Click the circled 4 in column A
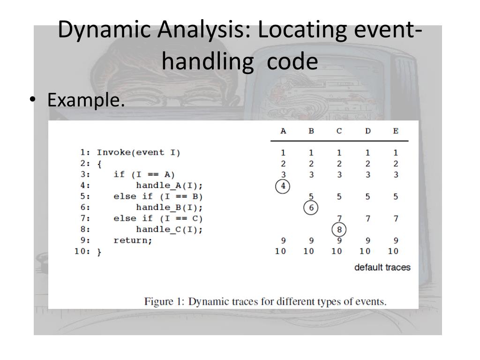click(x=283, y=186)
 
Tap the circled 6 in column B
click(x=311, y=208)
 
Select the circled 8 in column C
click(x=339, y=230)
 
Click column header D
click(x=367, y=131)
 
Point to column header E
click(x=396, y=131)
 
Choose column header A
click(x=283, y=131)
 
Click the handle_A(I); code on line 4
click(x=169, y=186)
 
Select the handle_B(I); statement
click(x=169, y=208)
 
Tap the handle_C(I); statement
click(x=169, y=230)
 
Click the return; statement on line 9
click(x=133, y=240)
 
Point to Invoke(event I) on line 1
click(x=138, y=153)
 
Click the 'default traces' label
click(x=382, y=268)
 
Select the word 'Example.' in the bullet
click(x=86, y=100)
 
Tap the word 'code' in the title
click(x=292, y=61)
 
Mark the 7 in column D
click(x=367, y=218)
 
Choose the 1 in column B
click(x=311, y=153)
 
